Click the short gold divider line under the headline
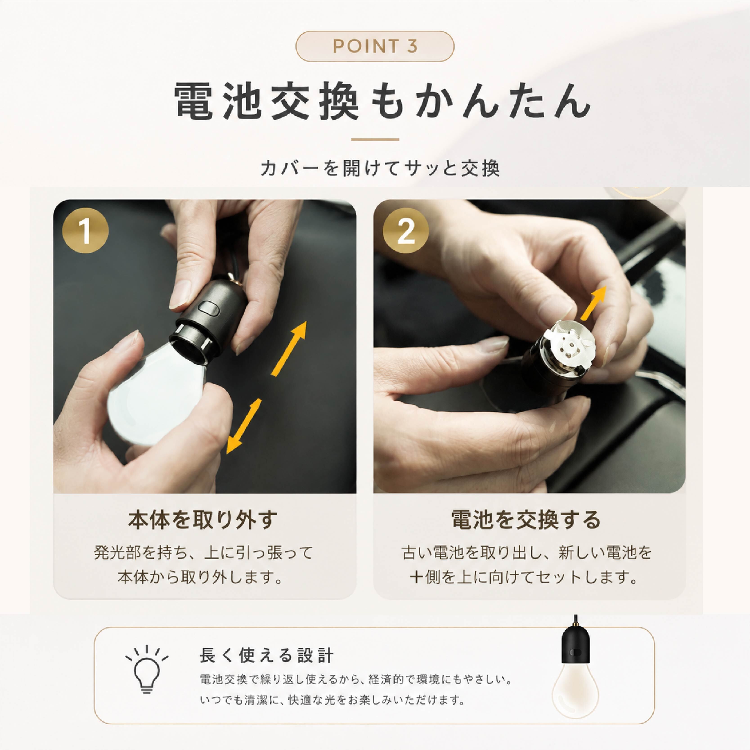coord(375,139)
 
